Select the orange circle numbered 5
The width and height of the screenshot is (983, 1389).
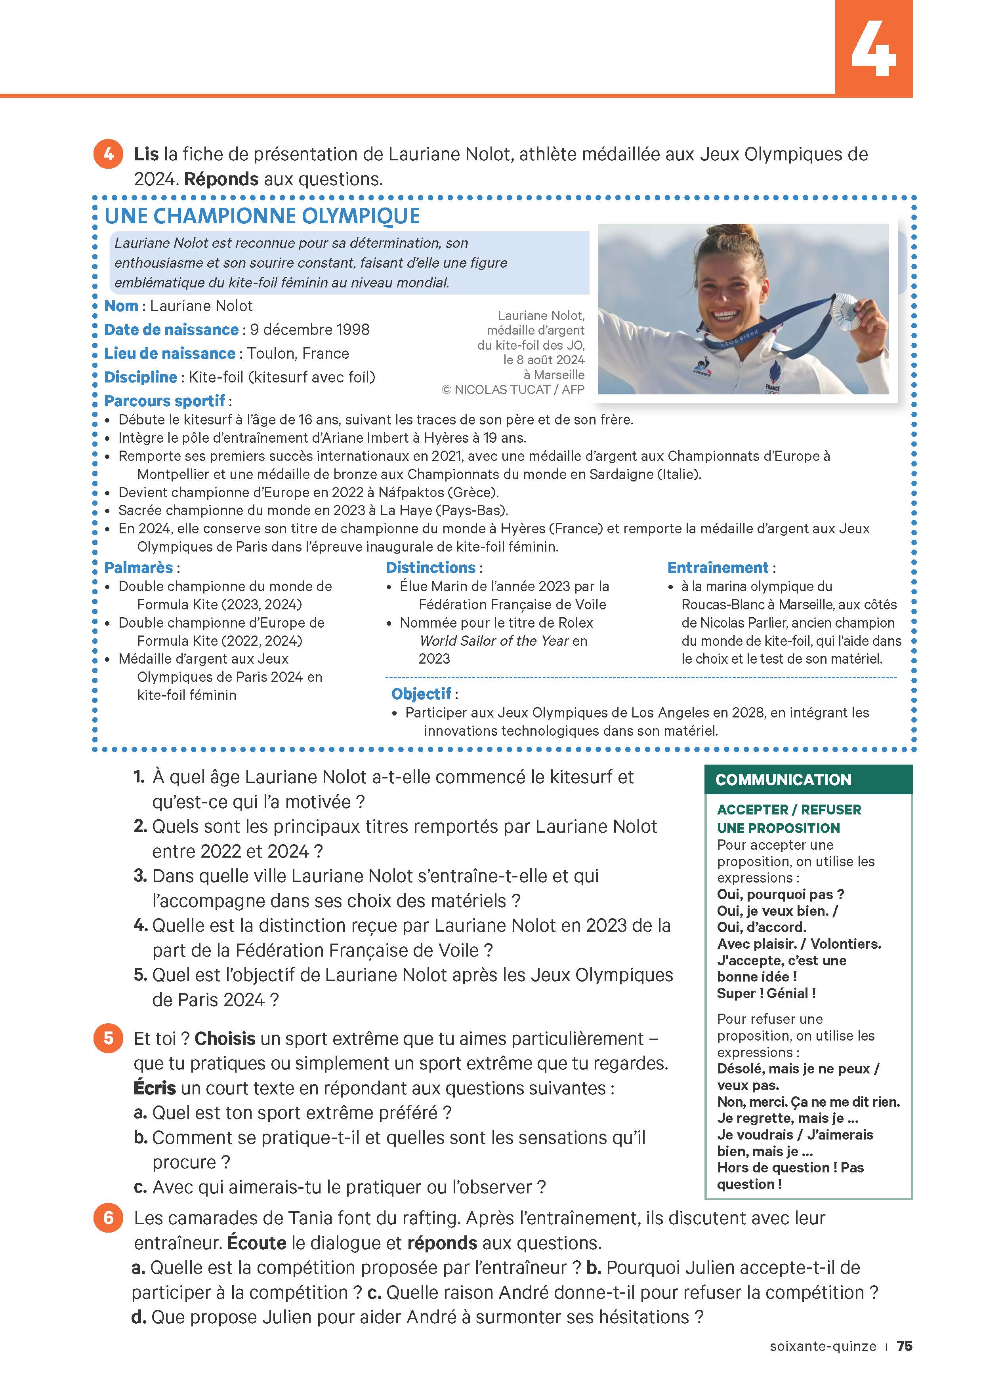tap(108, 1038)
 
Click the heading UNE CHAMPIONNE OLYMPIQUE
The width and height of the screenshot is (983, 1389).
tap(262, 216)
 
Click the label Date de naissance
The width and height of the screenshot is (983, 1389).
tap(171, 330)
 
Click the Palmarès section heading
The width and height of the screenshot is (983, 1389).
tap(139, 567)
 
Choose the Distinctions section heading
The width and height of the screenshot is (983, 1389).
tap(430, 567)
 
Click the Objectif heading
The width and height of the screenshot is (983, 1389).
tap(421, 694)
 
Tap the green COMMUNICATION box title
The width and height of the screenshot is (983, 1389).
tap(783, 779)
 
